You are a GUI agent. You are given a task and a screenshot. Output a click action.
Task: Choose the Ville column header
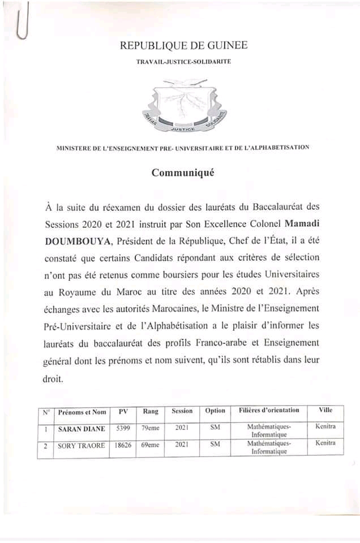(x=325, y=410)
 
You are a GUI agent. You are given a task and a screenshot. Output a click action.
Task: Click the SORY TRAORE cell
(x=82, y=446)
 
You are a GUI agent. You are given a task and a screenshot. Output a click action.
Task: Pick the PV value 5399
(x=121, y=429)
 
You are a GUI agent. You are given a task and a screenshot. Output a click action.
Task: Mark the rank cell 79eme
(x=150, y=429)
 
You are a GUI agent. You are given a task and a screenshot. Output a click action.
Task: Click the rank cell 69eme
(x=150, y=446)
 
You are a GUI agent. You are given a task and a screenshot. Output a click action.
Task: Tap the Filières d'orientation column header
(x=269, y=410)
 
